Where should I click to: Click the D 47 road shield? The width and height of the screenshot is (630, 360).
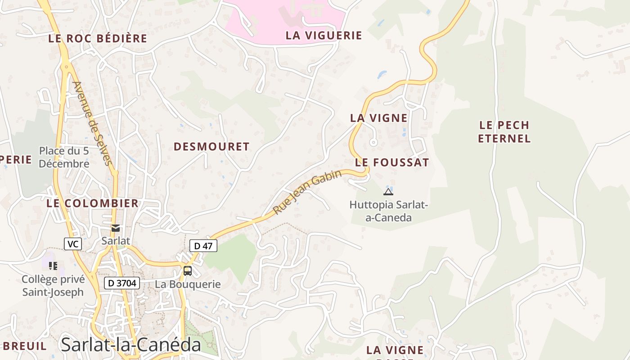click(x=203, y=246)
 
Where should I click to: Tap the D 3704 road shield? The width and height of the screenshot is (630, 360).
click(x=122, y=283)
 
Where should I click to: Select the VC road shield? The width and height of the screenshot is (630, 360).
click(x=72, y=244)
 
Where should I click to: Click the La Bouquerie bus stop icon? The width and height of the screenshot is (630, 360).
click(x=188, y=271)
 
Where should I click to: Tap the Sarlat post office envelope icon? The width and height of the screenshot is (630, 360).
click(x=116, y=228)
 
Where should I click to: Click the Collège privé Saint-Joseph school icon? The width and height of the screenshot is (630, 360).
click(x=53, y=266)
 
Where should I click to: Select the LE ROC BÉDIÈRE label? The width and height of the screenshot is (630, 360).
click(x=98, y=39)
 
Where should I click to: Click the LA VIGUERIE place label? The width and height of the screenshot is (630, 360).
click(x=324, y=36)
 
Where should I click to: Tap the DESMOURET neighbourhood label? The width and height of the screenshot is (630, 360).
click(x=211, y=147)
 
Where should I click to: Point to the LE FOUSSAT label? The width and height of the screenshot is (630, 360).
click(x=392, y=163)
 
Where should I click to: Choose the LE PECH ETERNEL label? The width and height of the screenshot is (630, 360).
click(x=504, y=132)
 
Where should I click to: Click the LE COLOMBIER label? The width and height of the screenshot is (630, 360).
click(x=93, y=203)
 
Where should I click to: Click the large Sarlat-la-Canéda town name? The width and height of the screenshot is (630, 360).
click(x=130, y=345)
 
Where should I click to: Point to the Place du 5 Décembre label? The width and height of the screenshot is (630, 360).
click(x=64, y=157)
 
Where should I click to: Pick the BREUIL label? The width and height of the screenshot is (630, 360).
click(x=24, y=346)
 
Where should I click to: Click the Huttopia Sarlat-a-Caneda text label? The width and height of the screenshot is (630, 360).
click(x=388, y=211)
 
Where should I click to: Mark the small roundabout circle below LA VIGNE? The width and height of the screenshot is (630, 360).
click(x=373, y=143)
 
